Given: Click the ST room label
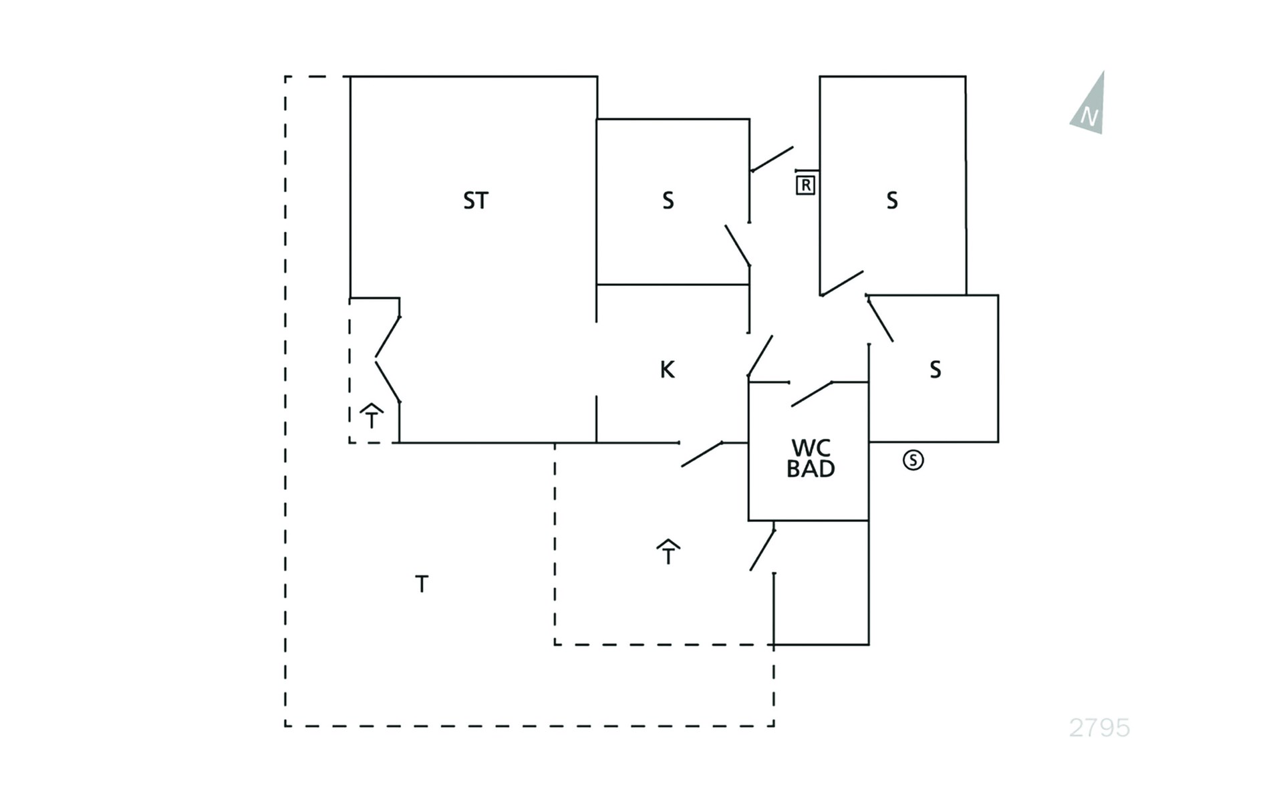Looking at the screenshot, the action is (x=476, y=200).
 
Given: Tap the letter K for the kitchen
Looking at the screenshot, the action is (x=667, y=370).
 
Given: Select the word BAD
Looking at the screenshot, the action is (x=811, y=469).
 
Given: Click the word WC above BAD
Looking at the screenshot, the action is (x=811, y=448).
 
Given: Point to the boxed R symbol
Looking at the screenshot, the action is (x=806, y=185).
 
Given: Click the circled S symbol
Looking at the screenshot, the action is (x=913, y=460).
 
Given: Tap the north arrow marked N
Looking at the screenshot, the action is (x=1089, y=104).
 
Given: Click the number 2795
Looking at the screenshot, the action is (x=1099, y=727).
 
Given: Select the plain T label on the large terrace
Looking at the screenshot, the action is (x=422, y=584).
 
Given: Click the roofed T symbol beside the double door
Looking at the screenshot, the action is (x=372, y=416).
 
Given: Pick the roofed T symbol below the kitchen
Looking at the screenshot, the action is (x=668, y=552).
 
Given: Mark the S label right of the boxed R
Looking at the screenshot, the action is (x=892, y=200).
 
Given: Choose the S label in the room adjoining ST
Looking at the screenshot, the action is (x=668, y=200).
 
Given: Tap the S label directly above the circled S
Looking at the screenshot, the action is (x=936, y=370).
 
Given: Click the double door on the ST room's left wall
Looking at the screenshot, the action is (x=388, y=360).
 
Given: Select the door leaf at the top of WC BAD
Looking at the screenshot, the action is (x=812, y=394).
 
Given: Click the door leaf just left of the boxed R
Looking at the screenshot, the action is (x=772, y=159).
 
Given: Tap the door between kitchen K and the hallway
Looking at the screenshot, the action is (x=760, y=358).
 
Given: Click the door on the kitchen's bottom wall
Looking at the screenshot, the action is (x=702, y=454).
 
